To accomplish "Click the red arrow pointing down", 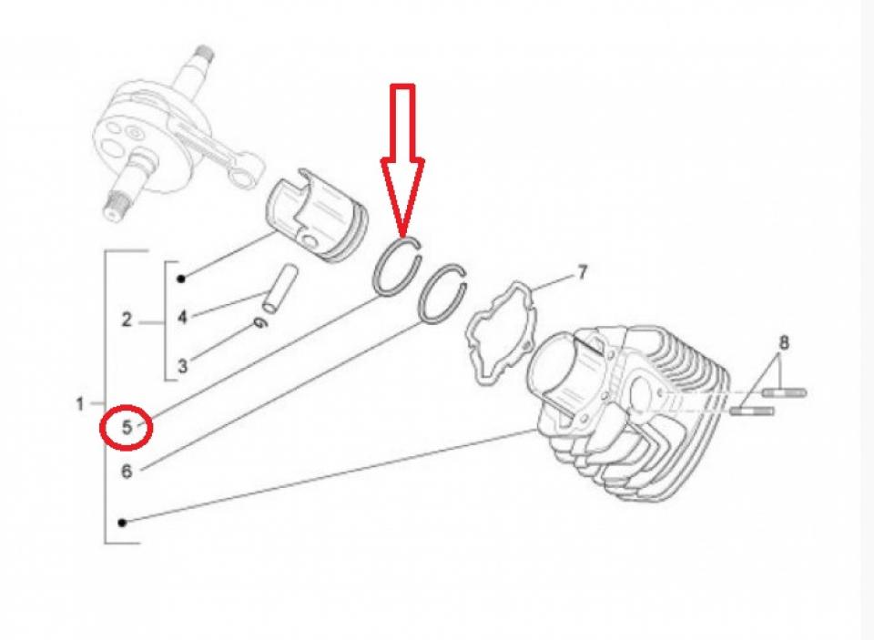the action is (x=402, y=159).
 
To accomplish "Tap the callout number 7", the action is (x=582, y=272).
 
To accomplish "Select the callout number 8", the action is (x=783, y=342).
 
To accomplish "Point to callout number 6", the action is (x=127, y=472).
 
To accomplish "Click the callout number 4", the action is (x=182, y=317).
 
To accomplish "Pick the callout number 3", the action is (x=182, y=366).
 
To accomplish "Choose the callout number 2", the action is (x=127, y=320).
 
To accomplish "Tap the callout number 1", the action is (x=80, y=403).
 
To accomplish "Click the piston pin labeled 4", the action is (x=280, y=288).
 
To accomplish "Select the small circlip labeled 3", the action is (x=259, y=323).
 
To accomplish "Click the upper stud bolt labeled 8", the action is (x=784, y=393).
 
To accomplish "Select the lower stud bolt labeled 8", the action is (x=752, y=411).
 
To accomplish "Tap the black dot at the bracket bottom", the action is (x=122, y=523).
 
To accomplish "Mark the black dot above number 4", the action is (x=181, y=279).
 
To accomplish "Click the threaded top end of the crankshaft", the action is (x=205, y=56).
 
